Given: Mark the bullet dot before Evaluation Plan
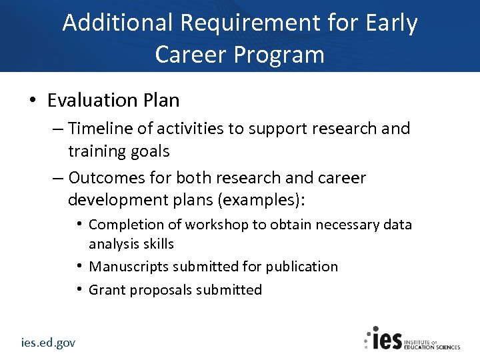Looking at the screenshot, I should pos(32,100).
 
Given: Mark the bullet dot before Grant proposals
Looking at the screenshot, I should pos(79,289).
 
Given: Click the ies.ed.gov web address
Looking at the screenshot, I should pos(47,343).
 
